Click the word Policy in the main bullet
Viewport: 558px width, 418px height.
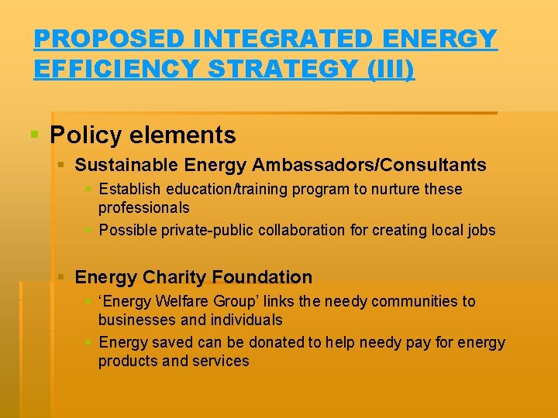85,135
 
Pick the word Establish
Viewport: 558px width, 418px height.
128,189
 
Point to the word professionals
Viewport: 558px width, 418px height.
143,207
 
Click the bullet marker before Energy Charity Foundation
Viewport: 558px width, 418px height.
62,277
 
